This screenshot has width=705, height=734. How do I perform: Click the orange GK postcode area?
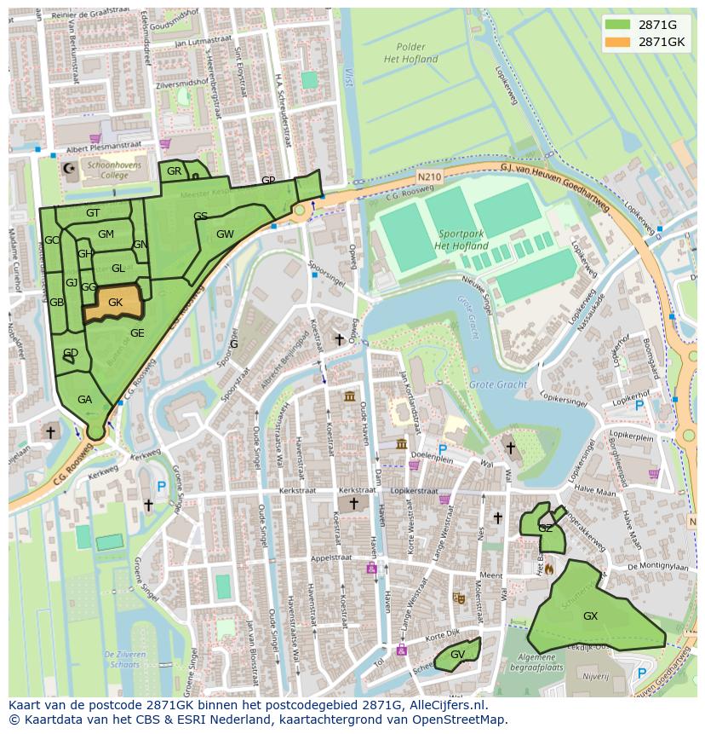pos(115,303)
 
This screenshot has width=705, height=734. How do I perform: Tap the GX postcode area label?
pos(590,616)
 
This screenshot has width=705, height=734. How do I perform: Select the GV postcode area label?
pos(457,655)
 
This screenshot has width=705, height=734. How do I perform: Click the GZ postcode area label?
pos(545,529)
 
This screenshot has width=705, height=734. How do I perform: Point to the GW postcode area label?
pos(225,234)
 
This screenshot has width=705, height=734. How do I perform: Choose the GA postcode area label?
pos(84,399)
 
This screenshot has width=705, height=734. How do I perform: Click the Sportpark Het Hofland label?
pos(460,240)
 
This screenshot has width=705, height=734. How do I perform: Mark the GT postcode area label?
pos(93,212)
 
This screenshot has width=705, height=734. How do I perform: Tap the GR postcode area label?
pos(174,171)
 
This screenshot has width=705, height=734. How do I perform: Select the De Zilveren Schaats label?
pos(123,659)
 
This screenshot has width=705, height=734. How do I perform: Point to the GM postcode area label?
pos(106,234)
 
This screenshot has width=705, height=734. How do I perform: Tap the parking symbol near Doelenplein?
pos(442,449)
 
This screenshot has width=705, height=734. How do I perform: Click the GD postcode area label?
pos(71,353)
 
